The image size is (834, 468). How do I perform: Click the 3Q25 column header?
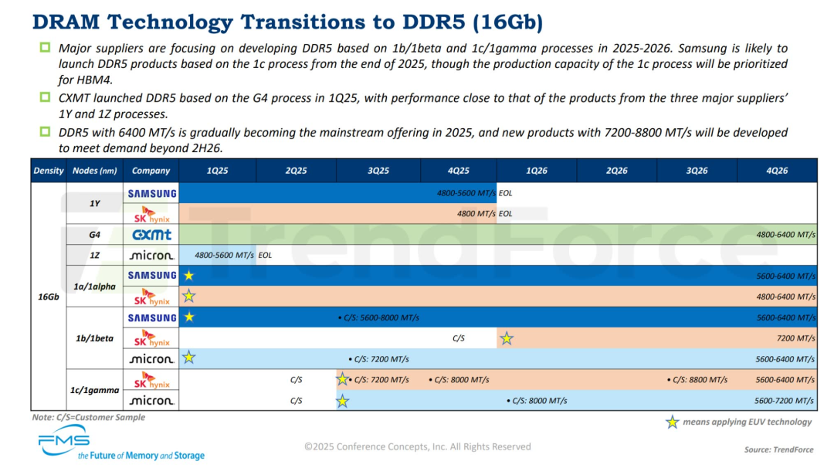(378, 171)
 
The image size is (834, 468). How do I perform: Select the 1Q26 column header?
(537, 171)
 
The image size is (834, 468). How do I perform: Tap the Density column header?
(49, 171)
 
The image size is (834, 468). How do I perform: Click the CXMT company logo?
(152, 234)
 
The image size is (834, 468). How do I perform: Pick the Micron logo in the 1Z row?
(152, 255)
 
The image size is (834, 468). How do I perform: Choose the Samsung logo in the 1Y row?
(152, 193)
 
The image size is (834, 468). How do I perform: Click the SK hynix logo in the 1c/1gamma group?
(152, 380)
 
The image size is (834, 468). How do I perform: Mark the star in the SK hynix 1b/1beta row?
(507, 338)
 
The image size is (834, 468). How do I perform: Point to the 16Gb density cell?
(49, 297)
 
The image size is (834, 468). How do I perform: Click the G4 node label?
(95, 234)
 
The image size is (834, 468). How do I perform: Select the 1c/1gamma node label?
(95, 390)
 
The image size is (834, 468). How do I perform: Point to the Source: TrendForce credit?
(778, 449)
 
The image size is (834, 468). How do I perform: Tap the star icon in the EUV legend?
(673, 422)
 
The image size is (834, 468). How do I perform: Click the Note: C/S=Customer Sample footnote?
(88, 418)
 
